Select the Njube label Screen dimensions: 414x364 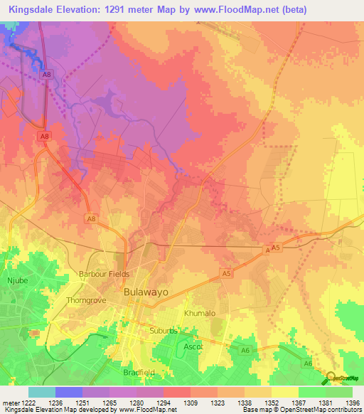click(16, 281)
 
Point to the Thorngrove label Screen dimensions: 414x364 click(86, 300)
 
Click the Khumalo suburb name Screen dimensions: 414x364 click(199, 313)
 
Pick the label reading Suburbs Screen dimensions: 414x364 click(163, 331)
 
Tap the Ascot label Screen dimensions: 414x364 click(193, 346)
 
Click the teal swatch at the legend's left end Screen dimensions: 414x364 click(41, 392)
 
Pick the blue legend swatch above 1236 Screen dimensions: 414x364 click(68, 392)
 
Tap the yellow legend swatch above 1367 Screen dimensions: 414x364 click(284, 392)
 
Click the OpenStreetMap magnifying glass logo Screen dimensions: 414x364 click(331, 378)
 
